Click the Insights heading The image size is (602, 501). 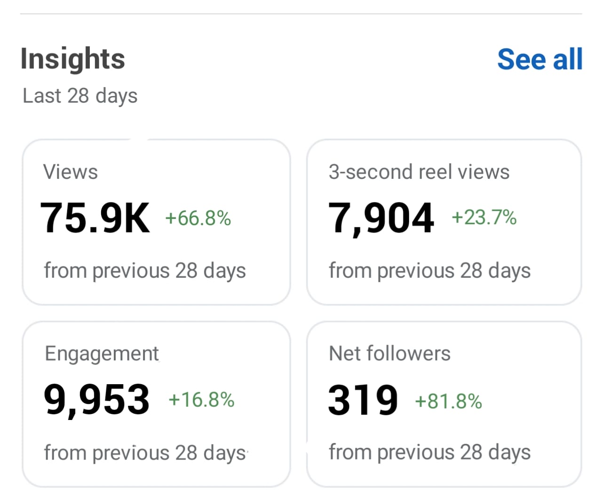(73, 59)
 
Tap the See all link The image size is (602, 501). (539, 59)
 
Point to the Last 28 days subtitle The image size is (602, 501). (80, 96)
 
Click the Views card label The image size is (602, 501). (71, 172)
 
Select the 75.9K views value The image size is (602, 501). (95, 218)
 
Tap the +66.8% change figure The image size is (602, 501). (198, 218)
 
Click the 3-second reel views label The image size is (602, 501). (419, 172)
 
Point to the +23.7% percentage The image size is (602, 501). (484, 218)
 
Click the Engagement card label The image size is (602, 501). (102, 354)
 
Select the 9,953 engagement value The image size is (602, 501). (96, 399)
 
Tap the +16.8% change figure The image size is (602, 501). (201, 400)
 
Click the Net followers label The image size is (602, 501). (389, 354)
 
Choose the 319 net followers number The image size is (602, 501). (363, 400)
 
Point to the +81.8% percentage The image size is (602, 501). (448, 402)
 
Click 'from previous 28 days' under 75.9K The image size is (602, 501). (145, 271)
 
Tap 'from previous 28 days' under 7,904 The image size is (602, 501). (429, 271)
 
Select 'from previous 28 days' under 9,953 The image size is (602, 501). (145, 453)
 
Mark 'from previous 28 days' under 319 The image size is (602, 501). (429, 453)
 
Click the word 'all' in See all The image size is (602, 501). (568, 59)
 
